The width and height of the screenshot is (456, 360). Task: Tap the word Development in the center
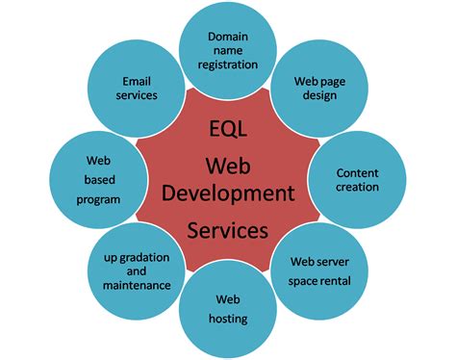[x=227, y=193]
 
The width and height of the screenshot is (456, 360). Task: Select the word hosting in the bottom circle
[x=227, y=319]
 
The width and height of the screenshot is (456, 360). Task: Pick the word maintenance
[x=137, y=285]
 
